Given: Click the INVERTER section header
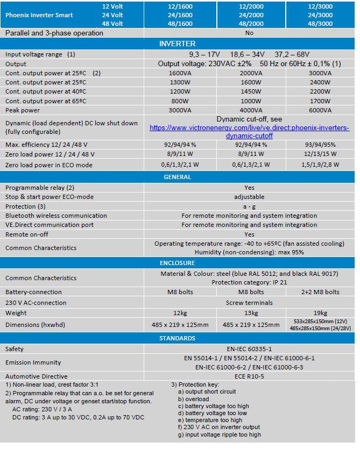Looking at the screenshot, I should coord(178,43).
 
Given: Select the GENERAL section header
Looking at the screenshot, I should coord(178,176).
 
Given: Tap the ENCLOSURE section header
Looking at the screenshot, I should coord(178,263).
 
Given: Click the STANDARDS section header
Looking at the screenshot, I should coord(178,338).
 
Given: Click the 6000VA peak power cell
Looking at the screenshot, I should coord(320,110).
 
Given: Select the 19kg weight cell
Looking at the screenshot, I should coord(320,313).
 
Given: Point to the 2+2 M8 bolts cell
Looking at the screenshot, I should coord(320,292).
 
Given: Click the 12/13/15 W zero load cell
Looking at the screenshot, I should coord(320,154).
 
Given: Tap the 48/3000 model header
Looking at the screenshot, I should coord(320,24).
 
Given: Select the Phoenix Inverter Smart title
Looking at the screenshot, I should coord(39,15).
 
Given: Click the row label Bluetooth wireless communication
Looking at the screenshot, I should coord(56,216).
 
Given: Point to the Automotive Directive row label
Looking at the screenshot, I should coord(37,376).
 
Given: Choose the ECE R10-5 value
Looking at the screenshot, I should coord(249,376).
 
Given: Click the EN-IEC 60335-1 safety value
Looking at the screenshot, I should coord(249,349).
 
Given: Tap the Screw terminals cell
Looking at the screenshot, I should coord(249,303).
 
